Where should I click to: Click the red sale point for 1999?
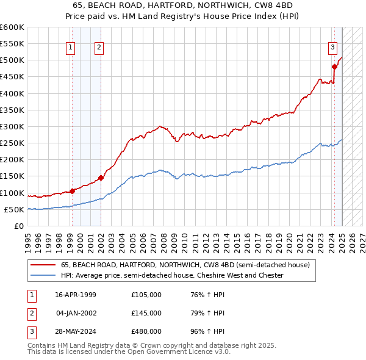coord(72,191)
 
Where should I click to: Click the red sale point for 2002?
coord(101,178)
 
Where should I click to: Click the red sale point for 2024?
coord(334,67)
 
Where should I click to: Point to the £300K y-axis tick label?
coord(12,126)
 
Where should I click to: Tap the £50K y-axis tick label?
coord(14,209)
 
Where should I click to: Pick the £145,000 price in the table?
coord(146,313)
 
